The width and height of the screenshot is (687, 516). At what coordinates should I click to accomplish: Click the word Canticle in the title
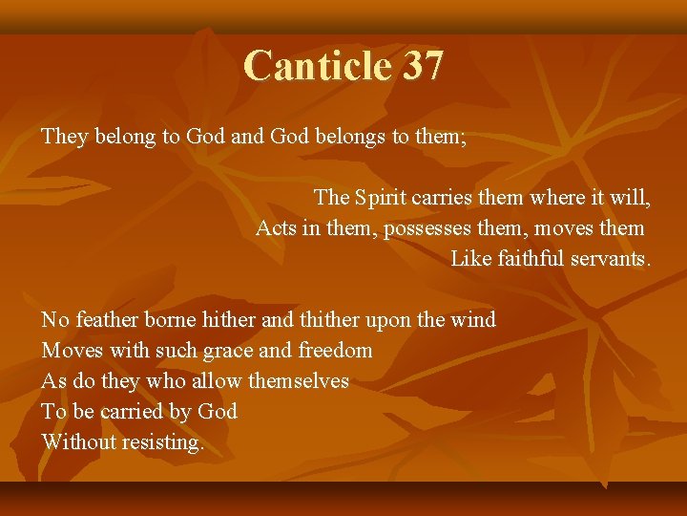click(x=318, y=66)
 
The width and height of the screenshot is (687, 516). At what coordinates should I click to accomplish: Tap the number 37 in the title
click(x=423, y=66)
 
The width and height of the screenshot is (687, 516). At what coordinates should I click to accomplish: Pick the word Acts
click(x=276, y=228)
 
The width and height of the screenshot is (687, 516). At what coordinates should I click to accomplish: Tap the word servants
click(x=609, y=259)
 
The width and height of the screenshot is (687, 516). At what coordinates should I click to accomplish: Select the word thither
click(x=329, y=320)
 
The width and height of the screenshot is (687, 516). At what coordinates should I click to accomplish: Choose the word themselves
click(x=299, y=381)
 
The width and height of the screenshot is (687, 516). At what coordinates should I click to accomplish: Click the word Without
click(x=79, y=442)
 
